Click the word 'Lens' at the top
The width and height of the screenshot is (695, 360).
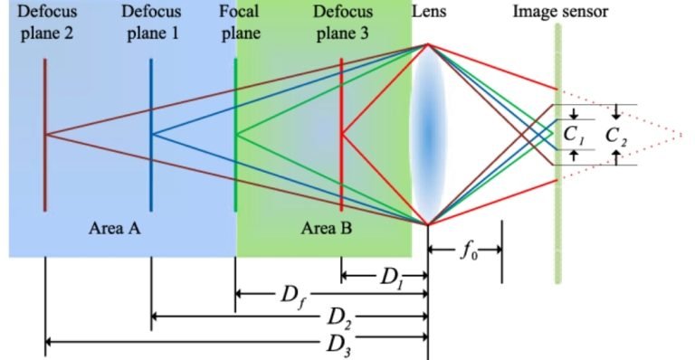pos(429,13)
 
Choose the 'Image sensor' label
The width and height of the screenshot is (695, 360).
pos(560,13)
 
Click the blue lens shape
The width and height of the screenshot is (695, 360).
pos(427,136)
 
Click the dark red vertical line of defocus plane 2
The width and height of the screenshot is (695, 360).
pos(44,172)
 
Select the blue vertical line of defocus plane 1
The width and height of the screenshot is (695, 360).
pos(151,172)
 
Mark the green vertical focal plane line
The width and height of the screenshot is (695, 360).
pos(235,181)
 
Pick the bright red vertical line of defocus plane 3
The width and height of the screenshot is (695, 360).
pos(342,181)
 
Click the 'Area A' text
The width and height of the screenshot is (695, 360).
pos(114,228)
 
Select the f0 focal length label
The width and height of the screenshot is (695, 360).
pos(467,251)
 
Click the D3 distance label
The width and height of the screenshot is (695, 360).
pos(340,343)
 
